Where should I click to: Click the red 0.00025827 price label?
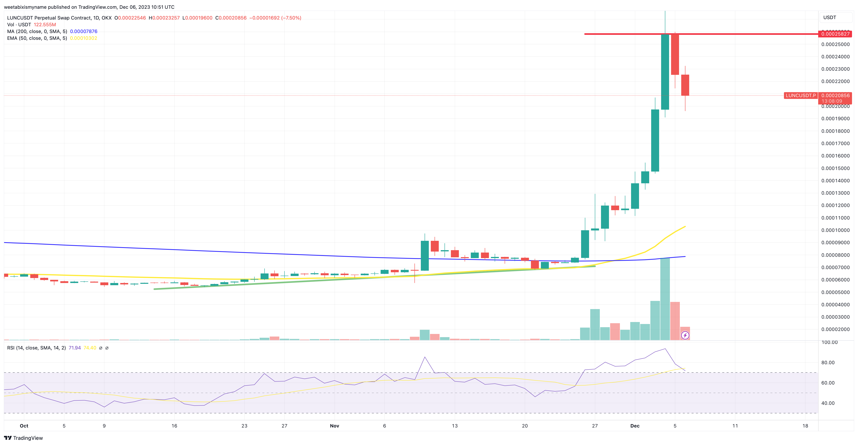point(835,34)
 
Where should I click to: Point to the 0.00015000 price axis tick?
point(835,168)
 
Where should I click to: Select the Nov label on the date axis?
point(334,426)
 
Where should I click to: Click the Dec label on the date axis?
point(635,426)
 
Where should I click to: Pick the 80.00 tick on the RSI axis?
point(828,362)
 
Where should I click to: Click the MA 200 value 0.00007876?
point(84,31)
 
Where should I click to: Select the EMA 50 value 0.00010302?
point(84,38)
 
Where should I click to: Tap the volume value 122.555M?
point(45,25)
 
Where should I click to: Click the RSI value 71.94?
point(75,348)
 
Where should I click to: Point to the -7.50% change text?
point(291,18)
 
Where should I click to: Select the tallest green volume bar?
point(665,300)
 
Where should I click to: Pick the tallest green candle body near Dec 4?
point(665,72)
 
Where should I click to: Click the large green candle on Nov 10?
point(425,256)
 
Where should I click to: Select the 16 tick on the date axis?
point(174,426)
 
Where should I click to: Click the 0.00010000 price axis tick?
point(835,230)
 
